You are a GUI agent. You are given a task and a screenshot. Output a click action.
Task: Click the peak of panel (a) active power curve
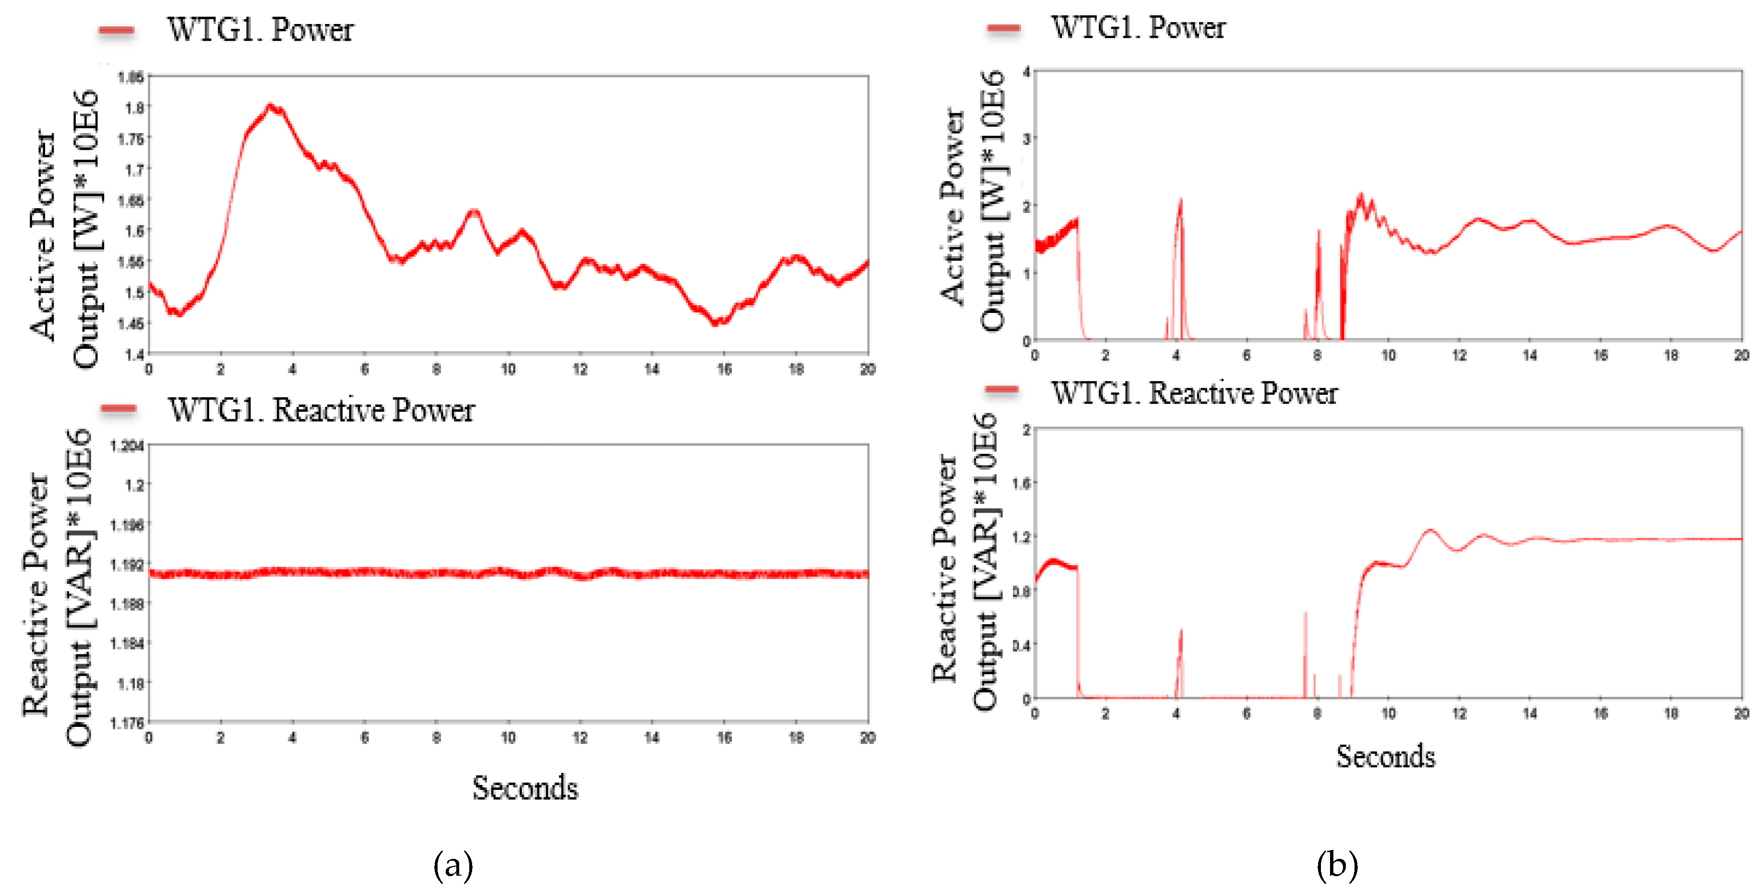tap(271, 106)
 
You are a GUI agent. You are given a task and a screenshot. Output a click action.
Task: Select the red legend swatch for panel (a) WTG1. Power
tap(116, 30)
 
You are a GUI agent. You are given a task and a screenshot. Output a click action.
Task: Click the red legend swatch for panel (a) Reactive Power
tap(118, 409)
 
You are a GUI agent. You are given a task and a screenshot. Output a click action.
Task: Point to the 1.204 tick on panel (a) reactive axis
tap(128, 446)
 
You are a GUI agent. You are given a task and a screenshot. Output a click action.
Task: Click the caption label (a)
tap(453, 865)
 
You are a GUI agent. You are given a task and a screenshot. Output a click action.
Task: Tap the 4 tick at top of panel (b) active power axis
tap(1026, 71)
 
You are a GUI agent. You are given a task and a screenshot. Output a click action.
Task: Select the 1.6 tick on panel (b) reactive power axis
tap(1022, 483)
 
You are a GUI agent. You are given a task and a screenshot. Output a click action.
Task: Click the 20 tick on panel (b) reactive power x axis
tap(1741, 713)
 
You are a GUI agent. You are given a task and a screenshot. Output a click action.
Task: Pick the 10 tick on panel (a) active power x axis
tap(508, 369)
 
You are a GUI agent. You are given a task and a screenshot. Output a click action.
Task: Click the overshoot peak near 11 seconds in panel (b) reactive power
tap(1429, 531)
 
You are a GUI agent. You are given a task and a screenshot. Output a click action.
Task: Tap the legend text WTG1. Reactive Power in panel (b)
tap(1194, 393)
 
